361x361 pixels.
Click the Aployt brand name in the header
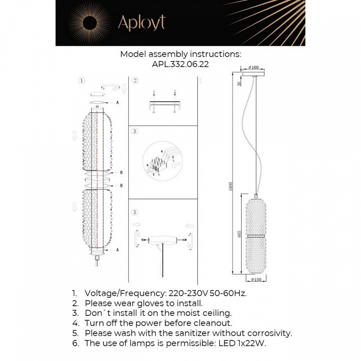(x=141, y=23)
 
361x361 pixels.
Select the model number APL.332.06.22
(x=180, y=64)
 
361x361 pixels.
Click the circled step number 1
(x=82, y=80)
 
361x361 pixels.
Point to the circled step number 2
(x=135, y=80)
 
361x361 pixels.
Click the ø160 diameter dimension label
(x=254, y=67)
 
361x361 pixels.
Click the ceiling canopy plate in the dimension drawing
(x=255, y=73)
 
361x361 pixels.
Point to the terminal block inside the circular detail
(x=156, y=165)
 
